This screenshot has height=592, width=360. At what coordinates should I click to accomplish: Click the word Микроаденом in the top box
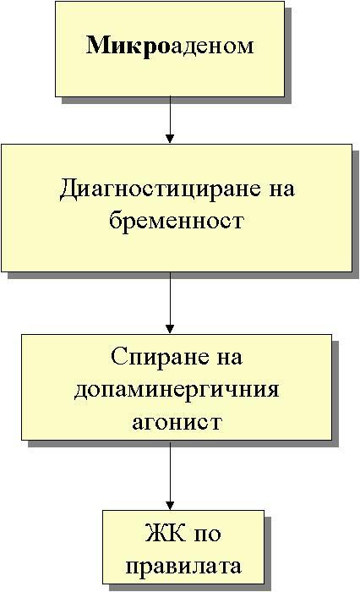point(170,46)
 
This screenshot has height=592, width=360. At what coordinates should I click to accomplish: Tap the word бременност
point(177,220)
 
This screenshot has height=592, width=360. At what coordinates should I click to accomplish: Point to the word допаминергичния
point(177,390)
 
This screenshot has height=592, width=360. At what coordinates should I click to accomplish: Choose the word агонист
point(177,422)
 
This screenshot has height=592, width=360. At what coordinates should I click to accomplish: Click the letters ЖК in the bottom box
point(165,533)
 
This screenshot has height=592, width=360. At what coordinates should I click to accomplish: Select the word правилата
point(183,567)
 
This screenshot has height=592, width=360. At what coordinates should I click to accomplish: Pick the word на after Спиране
point(229,358)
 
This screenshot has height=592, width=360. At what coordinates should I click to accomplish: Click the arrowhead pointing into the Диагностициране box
point(170,139)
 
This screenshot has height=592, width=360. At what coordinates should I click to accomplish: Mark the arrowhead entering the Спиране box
point(170,328)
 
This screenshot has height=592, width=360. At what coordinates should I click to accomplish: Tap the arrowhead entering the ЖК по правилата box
point(170,505)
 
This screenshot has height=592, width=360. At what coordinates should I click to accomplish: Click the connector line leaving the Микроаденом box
point(170,120)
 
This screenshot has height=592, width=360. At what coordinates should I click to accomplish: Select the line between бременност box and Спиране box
point(170,303)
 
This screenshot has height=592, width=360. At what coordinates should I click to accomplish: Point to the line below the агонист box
point(170,475)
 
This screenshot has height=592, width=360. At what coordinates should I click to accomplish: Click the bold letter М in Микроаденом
point(97,46)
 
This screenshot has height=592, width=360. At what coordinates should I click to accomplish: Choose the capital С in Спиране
point(118,356)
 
